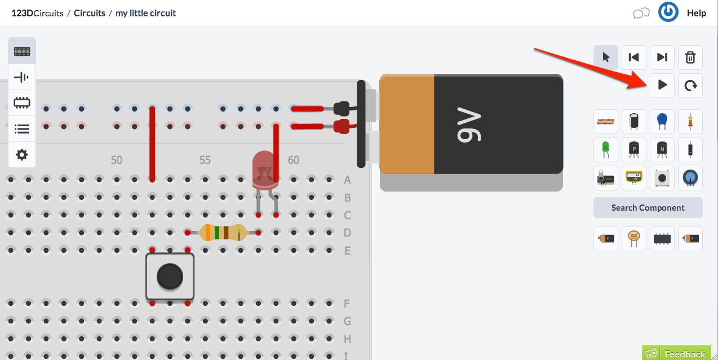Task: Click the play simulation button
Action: (x=662, y=85)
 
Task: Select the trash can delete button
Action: (x=690, y=57)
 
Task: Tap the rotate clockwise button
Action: (x=690, y=85)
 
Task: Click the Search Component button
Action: (x=648, y=207)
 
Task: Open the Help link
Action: (x=696, y=13)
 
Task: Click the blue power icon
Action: (x=668, y=12)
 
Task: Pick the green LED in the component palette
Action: (x=606, y=149)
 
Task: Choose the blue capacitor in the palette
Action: (x=662, y=121)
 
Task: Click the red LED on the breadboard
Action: (x=265, y=170)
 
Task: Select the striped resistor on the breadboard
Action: (x=222, y=232)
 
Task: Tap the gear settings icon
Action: (x=22, y=154)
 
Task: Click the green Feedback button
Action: (x=677, y=353)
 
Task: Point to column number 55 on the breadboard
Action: (x=205, y=160)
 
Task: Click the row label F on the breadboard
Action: (x=347, y=304)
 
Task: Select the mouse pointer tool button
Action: (x=606, y=57)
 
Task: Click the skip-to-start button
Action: (x=633, y=57)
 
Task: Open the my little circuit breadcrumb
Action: (x=145, y=13)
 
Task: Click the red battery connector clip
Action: (x=342, y=126)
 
